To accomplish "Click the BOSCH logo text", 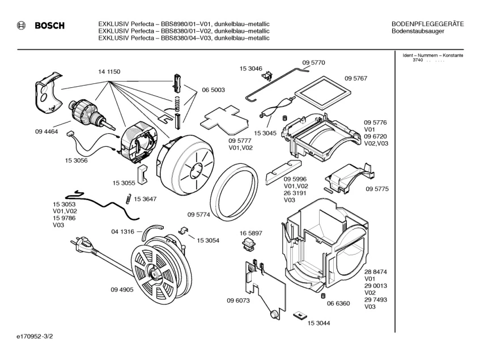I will click(49, 26).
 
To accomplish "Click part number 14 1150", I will click(109, 71).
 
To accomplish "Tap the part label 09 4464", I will click(47, 132).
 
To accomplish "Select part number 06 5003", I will click(213, 90).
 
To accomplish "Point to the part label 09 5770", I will click(313, 62).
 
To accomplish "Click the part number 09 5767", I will click(356, 79).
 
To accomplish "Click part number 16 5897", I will click(251, 234).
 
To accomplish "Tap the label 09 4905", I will click(122, 290).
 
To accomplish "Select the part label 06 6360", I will click(338, 304).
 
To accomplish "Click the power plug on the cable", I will click(79, 246).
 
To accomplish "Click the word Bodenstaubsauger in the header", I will click(418, 31).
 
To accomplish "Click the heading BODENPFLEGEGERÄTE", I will click(427, 24).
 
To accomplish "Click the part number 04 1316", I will click(123, 231).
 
